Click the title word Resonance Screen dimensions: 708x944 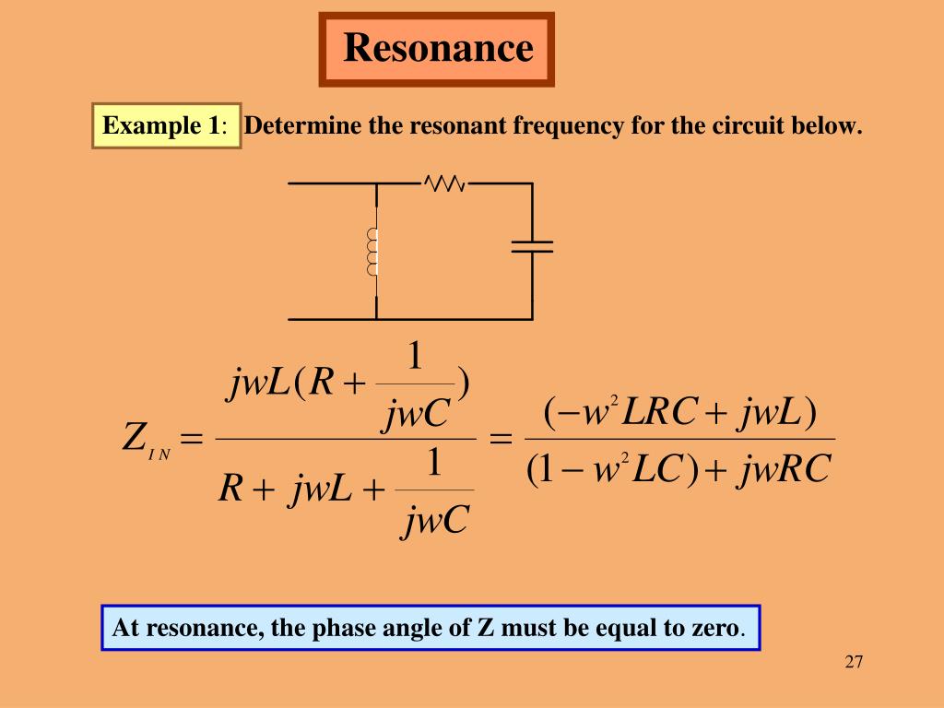pos(437,48)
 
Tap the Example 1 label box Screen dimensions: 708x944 pos(167,125)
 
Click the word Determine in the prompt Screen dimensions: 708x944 pos(303,125)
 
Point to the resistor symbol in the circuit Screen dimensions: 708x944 pos(445,183)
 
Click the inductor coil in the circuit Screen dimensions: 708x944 pos(373,252)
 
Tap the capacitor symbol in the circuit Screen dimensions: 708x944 pos(532,245)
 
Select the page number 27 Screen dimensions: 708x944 pos(853,662)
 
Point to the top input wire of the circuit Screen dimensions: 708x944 pos(332,183)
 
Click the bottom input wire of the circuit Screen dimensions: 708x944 pos(332,319)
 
